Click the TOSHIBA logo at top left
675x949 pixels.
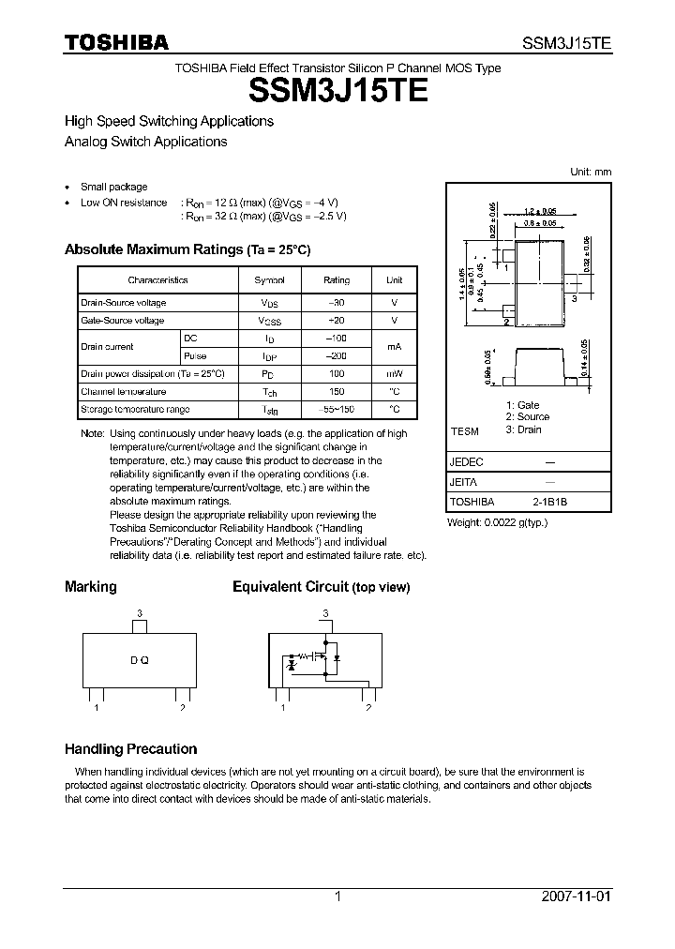(116, 42)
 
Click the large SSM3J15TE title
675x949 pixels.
(337, 91)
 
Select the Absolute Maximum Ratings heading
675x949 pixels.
(187, 249)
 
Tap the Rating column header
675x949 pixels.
(337, 280)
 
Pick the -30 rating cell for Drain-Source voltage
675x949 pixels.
(337, 303)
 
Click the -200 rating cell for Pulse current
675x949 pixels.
(337, 356)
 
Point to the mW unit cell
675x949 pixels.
(395, 374)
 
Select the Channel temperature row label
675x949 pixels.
(124, 392)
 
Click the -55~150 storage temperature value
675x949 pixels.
(337, 410)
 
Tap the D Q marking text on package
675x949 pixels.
(139, 660)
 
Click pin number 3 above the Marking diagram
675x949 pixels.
(139, 613)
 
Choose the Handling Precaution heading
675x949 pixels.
(130, 749)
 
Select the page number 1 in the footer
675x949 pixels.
(337, 896)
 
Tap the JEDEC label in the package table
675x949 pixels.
(467, 462)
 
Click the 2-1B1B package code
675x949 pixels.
(550, 502)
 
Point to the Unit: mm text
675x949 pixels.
(591, 172)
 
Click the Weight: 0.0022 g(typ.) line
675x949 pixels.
(497, 521)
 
